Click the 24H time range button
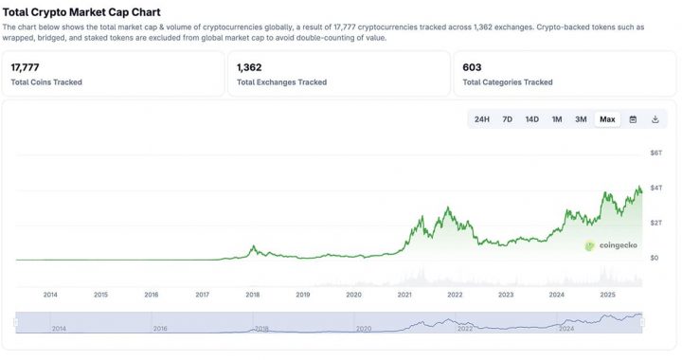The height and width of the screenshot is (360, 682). coord(482,119)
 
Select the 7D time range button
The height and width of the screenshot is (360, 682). coord(508,119)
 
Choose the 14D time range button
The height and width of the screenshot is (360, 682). coord(532,119)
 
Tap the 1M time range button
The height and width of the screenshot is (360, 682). coord(557,119)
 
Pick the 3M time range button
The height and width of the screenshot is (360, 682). coord(581,119)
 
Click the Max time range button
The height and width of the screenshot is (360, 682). coord(607,119)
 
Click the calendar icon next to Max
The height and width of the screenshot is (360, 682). coord(633,119)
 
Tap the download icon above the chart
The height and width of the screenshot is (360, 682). coord(655,119)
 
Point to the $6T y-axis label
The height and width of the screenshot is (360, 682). coord(655,153)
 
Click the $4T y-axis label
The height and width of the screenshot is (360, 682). coord(655,188)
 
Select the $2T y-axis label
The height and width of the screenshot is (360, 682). coord(655,223)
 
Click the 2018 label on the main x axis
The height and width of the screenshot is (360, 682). coord(253,295)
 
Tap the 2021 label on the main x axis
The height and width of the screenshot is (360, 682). coord(404,295)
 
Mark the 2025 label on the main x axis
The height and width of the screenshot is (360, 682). coord(607,295)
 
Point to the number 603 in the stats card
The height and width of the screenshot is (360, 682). coord(472,68)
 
